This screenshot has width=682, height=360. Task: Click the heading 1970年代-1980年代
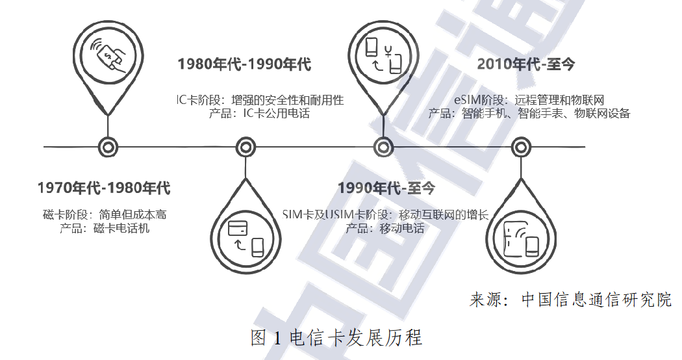104,188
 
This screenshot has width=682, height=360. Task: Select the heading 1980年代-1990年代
244,64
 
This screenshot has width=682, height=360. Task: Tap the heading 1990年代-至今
386,188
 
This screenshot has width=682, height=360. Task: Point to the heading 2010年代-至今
526,64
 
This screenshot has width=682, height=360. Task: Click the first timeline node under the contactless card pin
106,148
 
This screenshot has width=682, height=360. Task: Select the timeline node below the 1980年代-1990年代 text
244,148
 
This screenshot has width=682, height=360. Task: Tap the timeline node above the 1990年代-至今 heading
383,148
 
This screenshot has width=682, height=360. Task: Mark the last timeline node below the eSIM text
521,148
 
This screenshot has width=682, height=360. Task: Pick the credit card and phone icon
246,237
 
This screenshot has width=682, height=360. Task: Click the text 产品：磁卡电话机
105,228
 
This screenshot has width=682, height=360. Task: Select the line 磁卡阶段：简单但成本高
105,214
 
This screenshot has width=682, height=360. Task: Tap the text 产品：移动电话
385,228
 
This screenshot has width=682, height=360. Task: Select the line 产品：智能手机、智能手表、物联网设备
529,114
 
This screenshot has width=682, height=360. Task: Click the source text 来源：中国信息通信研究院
570,300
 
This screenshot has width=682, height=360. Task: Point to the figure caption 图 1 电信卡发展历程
336,338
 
